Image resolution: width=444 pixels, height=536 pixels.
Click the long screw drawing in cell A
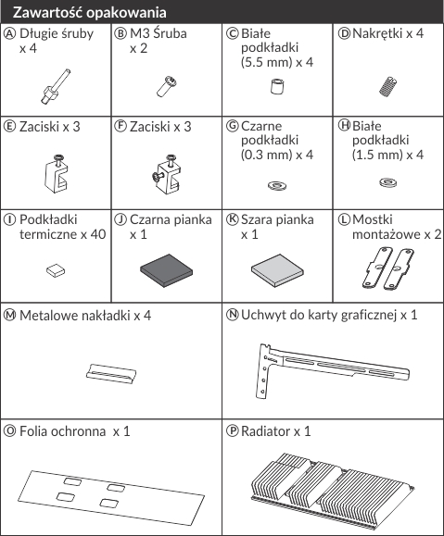(x=55, y=87)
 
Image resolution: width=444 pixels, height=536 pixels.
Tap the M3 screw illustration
(x=167, y=86)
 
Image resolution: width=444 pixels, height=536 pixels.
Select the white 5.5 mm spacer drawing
(x=277, y=86)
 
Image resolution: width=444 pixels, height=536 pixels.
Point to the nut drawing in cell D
(x=387, y=86)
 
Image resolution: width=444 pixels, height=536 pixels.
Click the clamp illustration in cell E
(x=56, y=174)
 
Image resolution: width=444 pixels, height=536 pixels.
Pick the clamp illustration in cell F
(x=166, y=174)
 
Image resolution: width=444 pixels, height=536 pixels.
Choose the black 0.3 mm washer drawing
(x=277, y=186)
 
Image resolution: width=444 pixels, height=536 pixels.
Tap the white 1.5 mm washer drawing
(x=387, y=182)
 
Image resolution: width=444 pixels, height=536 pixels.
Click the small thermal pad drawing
(x=56, y=270)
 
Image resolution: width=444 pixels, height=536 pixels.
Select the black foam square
(x=166, y=270)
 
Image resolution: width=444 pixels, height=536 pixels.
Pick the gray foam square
(x=277, y=270)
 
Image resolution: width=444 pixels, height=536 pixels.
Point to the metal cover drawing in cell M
(x=111, y=374)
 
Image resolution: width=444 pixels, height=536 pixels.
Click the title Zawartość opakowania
(x=90, y=13)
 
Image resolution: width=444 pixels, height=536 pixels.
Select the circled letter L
(x=344, y=219)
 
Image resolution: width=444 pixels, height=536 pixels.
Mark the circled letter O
(x=9, y=431)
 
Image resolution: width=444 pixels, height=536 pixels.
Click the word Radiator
(x=266, y=431)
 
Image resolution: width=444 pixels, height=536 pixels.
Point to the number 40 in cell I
(x=98, y=234)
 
